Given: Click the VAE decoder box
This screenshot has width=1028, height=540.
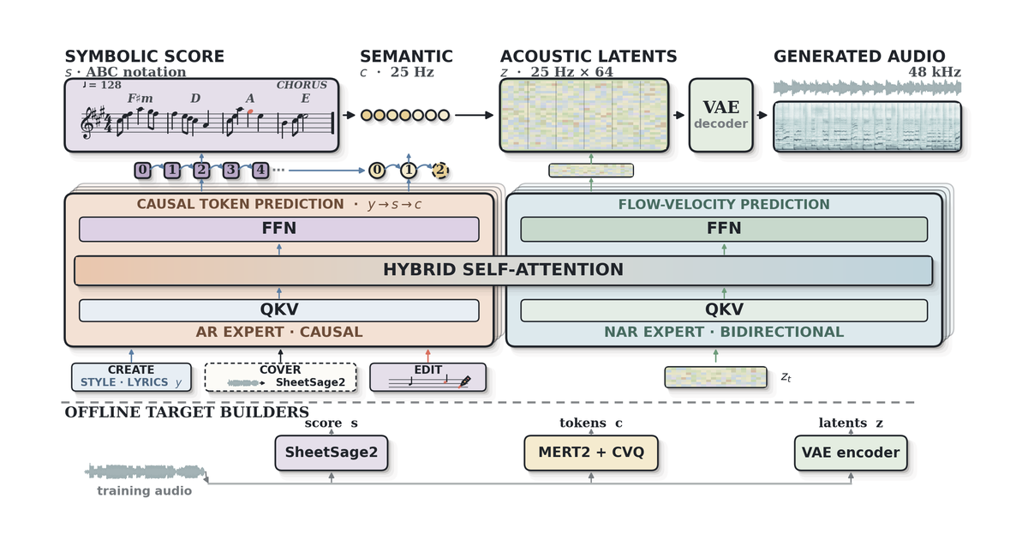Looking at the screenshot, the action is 721,115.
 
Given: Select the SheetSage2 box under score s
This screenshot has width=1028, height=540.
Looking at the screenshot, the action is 332,453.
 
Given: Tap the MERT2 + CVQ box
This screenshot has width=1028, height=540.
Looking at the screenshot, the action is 591,453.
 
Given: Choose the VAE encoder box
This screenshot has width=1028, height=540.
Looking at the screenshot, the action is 851,453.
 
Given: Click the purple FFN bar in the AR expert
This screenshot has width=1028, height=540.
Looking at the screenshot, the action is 279,229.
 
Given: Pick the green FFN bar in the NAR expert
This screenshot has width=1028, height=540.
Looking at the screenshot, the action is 724,229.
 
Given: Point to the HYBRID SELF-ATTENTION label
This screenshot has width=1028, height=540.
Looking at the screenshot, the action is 504,269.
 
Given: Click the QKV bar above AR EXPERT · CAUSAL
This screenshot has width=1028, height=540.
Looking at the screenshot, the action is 279,310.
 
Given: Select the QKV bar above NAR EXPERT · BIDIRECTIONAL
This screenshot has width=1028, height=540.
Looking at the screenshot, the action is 724,310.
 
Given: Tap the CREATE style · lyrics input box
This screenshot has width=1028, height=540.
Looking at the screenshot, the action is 131,377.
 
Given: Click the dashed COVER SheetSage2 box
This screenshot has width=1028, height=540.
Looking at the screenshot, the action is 280,377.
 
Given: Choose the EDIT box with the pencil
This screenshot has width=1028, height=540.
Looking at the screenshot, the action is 427,377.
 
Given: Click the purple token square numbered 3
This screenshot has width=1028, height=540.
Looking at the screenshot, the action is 230,171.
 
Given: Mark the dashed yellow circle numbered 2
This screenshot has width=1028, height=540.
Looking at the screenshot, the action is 440,171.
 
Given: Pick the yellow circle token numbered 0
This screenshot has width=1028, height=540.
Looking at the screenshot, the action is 377,171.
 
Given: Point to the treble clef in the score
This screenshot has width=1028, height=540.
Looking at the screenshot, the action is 87,123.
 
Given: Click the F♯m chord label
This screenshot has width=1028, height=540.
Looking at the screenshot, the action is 140,99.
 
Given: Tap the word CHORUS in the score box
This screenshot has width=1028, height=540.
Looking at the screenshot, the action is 302,85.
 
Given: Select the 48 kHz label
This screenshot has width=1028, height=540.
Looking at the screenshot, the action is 935,72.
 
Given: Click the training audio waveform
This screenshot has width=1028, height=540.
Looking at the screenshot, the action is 146,471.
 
